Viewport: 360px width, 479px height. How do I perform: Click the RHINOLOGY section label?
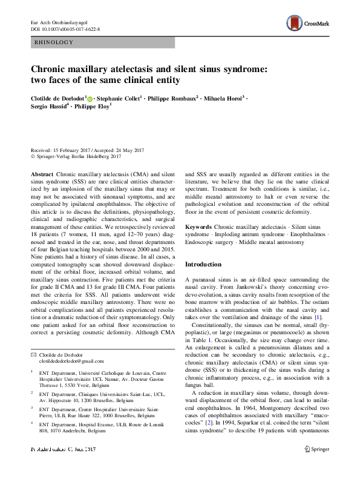[x=55, y=42]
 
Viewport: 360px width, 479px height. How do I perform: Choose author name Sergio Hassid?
[x=51, y=106]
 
